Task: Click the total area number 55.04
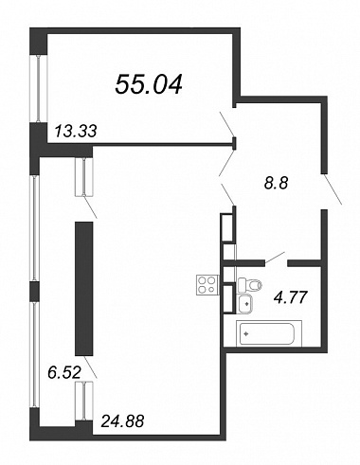pos(149,85)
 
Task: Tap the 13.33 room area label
pos(76,131)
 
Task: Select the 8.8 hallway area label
pos(277,183)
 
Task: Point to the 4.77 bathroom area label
pos(291,297)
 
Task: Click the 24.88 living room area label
pos(122,420)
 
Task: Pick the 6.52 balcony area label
pos(64,372)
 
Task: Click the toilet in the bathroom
pos(250,285)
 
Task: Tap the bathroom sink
pos(245,304)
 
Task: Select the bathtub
pos(269,333)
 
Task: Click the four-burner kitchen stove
pos(207,285)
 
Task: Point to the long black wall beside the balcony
pos(84,288)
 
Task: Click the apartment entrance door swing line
pos(333,189)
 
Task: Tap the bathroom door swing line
pos(275,258)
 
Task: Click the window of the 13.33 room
pos(38,89)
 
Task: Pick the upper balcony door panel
pos(84,177)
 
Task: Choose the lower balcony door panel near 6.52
pos(84,401)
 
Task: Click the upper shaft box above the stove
pos(228,228)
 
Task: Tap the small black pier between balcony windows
pos(34,292)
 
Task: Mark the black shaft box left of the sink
pos(229,298)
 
